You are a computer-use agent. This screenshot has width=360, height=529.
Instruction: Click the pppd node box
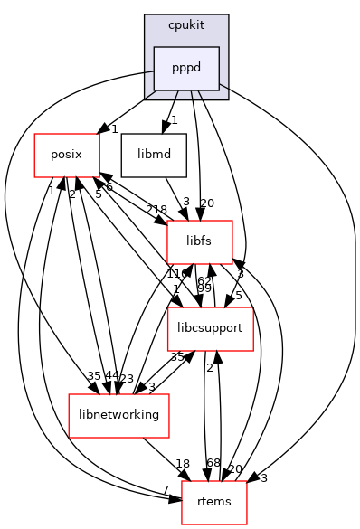coord(186,68)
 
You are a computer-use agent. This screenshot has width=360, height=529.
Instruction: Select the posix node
coord(65,155)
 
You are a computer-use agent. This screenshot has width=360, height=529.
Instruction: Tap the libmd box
coord(155,155)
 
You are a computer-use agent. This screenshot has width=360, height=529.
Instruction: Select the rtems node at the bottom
coord(214,501)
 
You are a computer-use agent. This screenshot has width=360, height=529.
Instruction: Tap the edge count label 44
coord(87,374)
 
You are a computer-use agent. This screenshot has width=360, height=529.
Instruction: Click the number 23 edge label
coord(126,379)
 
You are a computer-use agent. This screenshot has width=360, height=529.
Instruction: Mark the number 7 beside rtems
coord(166,488)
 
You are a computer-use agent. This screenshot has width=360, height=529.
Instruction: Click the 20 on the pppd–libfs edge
coord(207,203)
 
